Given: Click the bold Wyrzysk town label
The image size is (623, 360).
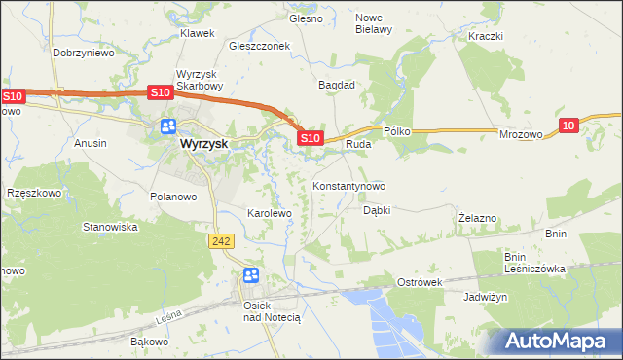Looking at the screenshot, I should point(203,143).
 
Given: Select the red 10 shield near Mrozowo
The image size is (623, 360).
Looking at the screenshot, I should point(569,125).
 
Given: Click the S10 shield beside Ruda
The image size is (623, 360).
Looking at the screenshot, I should point(310,139).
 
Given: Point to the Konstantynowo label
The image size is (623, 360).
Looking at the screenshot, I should point(348,186).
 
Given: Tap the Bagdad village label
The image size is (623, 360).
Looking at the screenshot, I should point(337,85).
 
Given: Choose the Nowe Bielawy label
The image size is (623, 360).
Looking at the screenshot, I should point(374,23).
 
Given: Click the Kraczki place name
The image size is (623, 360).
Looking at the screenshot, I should point(484,36).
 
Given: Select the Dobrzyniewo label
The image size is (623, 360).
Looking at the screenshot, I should point(84,54).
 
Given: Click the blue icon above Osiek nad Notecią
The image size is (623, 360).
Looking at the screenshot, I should point(251,276).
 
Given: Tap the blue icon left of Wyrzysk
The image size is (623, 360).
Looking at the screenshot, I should point(167,126).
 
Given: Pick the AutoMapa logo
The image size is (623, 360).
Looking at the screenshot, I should point(553,342).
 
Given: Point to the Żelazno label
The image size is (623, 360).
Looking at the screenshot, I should point(478,219).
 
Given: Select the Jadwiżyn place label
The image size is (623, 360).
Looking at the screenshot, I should point(486,297).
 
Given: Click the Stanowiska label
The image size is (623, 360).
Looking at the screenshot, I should point(110,227).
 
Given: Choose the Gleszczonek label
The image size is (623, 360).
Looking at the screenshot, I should point(260,46).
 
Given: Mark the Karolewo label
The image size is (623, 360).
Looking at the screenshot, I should point(270,212).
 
